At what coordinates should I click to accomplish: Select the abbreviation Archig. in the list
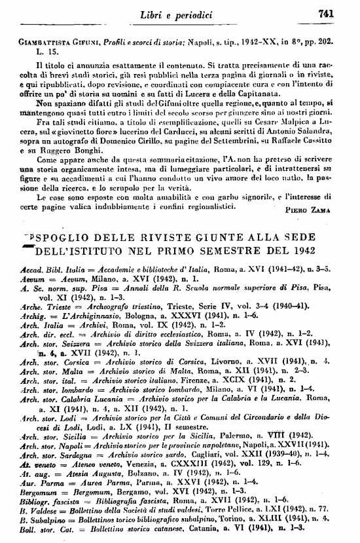click(x=33, y=314)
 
